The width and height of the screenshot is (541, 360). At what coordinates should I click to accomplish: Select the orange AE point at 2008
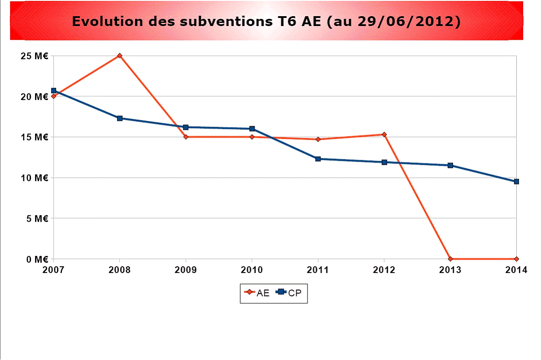(x=120, y=56)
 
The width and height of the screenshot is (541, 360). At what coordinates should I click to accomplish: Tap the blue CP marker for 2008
(x=120, y=118)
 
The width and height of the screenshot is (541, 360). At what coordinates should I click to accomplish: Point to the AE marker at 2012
(x=384, y=134)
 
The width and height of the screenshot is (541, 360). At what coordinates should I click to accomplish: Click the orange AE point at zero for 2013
(x=450, y=259)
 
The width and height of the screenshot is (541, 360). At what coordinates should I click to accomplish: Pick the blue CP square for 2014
(x=516, y=181)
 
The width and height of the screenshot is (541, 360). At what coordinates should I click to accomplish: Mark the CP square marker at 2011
(x=318, y=159)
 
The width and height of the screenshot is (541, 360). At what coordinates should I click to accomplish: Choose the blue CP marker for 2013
(x=450, y=165)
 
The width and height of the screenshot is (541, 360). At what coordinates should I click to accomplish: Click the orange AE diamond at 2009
(x=186, y=137)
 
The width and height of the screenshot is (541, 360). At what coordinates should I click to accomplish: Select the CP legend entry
(x=289, y=293)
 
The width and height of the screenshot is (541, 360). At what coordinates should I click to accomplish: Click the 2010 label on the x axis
(x=252, y=270)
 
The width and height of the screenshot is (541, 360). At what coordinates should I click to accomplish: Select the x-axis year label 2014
(x=516, y=270)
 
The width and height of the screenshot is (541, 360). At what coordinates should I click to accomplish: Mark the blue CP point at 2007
(x=54, y=91)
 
